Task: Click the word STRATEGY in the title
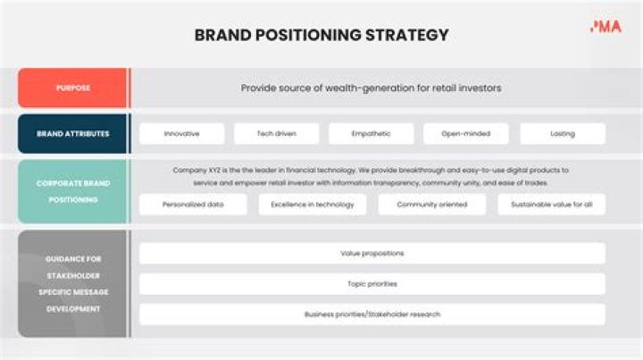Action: pyautogui.click(x=407, y=36)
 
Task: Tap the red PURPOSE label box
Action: pyautogui.click(x=73, y=88)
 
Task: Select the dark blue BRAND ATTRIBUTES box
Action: pyautogui.click(x=73, y=134)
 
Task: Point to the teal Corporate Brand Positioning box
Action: pyautogui.click(x=73, y=191)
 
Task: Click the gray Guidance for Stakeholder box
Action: pyautogui.click(x=73, y=283)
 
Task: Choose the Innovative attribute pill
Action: pyautogui.click(x=181, y=134)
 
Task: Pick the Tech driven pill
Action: pyautogui.click(x=276, y=134)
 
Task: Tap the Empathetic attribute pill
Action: pyautogui.click(x=371, y=134)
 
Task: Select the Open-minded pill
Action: pyautogui.click(x=465, y=134)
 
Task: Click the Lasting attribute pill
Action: pyautogui.click(x=563, y=134)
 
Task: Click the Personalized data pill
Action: pyautogui.click(x=192, y=205)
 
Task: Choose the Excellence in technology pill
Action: pyautogui.click(x=313, y=205)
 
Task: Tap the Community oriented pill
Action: pyautogui.click(x=431, y=205)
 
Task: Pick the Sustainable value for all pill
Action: pyautogui.click(x=551, y=205)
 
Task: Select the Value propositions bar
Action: pyautogui.click(x=372, y=253)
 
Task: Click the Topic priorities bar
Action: pyautogui.click(x=372, y=284)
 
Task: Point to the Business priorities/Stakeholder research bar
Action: pyautogui.click(x=372, y=314)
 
